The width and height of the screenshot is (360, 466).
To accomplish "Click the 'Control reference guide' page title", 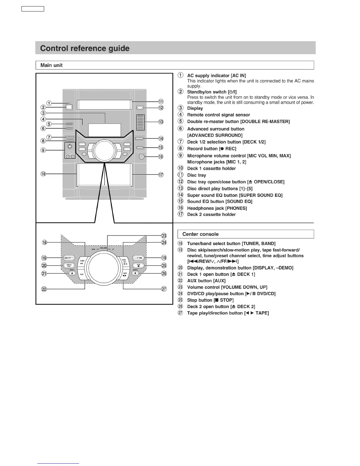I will [85, 48].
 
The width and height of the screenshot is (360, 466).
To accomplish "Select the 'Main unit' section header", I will [51, 65].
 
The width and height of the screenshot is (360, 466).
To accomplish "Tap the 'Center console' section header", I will [200, 234].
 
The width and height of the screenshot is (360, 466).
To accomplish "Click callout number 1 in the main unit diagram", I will [49, 103].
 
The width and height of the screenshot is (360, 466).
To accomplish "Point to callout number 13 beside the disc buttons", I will [161, 122].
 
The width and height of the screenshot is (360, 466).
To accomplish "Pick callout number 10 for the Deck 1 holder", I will [43, 174].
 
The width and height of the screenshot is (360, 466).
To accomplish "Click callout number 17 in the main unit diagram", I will [161, 175].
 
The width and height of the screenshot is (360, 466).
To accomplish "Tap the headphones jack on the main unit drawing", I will [142, 157].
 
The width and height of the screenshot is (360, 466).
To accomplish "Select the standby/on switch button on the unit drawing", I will [69, 107].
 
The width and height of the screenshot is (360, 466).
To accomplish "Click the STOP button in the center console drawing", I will [139, 265].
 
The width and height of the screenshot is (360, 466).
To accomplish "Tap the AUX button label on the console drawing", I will [82, 274].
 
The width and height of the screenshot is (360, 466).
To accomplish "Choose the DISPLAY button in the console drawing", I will [69, 265].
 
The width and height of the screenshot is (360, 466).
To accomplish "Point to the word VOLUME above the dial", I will [103, 248].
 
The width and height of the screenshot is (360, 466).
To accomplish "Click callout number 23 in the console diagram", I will [164, 236].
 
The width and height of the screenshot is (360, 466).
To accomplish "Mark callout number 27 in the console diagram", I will [164, 289].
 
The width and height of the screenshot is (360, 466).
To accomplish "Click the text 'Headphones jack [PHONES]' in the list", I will [217, 208].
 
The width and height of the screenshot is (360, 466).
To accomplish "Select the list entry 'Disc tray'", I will [196, 175].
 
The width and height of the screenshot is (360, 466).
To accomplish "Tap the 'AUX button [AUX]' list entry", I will [206, 281].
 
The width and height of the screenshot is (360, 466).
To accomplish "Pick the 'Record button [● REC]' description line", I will [211, 149].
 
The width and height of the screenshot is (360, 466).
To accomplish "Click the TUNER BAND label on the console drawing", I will [82, 262].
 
